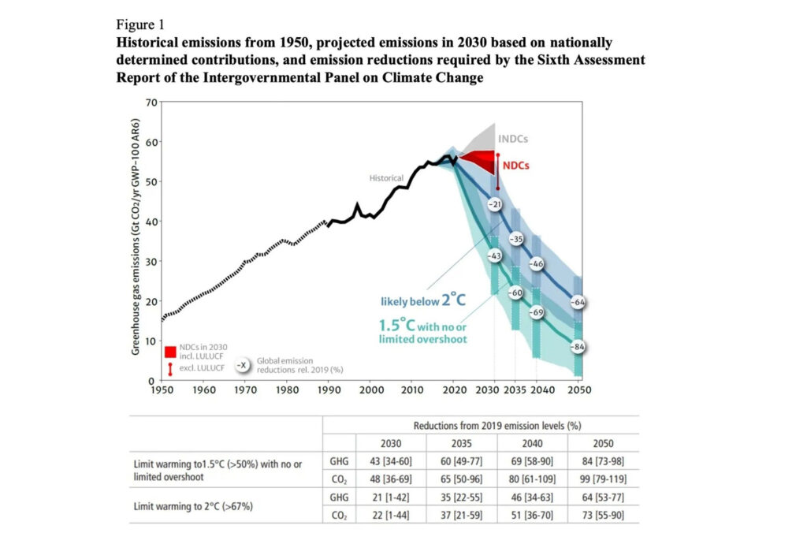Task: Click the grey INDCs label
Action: [x=512, y=139]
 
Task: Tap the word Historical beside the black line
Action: [x=387, y=178]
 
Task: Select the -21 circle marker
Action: [x=495, y=205]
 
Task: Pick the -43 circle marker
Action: [x=495, y=256]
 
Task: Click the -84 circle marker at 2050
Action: [x=579, y=347]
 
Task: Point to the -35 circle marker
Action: [x=517, y=238]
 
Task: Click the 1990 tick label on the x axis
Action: [x=329, y=389]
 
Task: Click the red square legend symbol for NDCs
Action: [x=169, y=352]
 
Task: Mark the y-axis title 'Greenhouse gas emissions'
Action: [x=135, y=284]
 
